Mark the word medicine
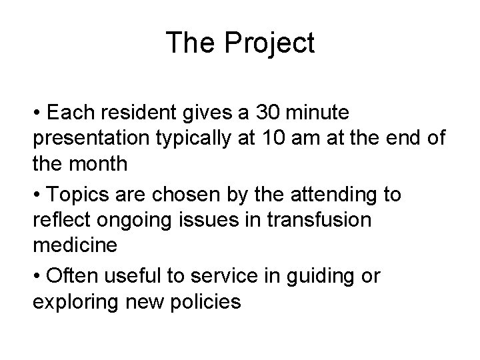click(75, 245)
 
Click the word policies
click(207, 302)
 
